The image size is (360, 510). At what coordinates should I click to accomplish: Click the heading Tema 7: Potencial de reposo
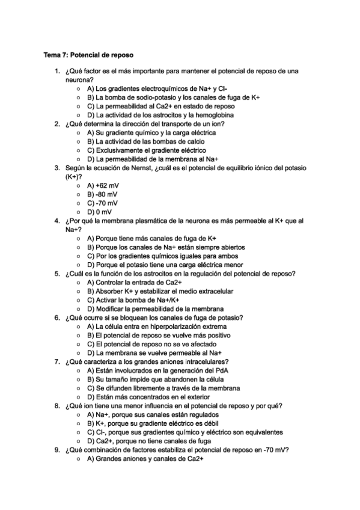tap(88, 55)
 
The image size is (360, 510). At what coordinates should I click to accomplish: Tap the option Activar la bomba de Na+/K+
tap(133, 300)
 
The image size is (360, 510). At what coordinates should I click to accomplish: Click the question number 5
tap(56, 273)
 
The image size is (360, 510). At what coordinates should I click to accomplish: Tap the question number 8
tap(56, 405)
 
